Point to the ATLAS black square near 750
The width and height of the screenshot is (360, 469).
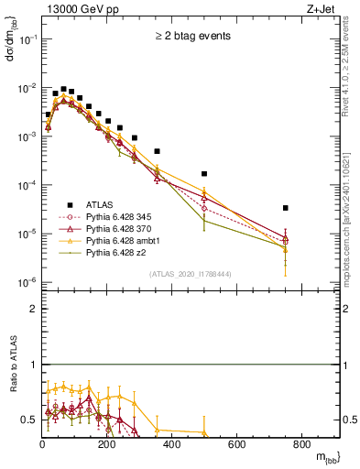click(x=286, y=208)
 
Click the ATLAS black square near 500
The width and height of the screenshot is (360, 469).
click(x=204, y=173)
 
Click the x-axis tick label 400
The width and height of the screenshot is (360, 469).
click(x=172, y=444)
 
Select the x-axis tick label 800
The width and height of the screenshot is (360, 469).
click(x=301, y=444)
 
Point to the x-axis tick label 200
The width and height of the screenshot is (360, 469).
click(x=107, y=444)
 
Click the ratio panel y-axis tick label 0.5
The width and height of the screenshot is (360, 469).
click(x=29, y=420)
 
